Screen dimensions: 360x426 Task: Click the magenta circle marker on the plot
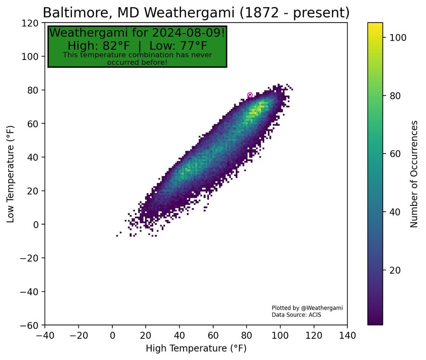(x=250, y=95)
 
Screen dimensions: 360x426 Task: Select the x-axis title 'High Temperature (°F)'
(x=196, y=348)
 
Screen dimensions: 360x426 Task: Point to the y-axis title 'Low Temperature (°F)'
(x=11, y=174)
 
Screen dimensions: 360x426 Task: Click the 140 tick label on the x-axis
(x=347, y=335)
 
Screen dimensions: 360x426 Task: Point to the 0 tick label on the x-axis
(x=112, y=335)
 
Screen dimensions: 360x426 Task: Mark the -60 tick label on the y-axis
(x=31, y=325)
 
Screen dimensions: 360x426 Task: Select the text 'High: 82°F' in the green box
(x=100, y=46)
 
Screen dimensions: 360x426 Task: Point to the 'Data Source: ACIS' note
(x=296, y=315)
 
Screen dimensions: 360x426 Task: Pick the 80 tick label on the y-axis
(x=34, y=90)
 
